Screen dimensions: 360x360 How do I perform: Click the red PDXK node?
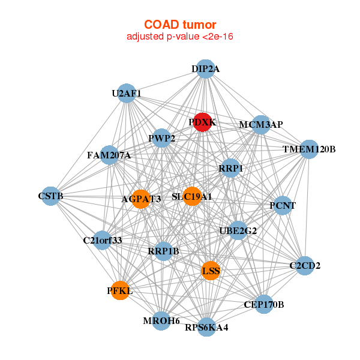pos(202,121)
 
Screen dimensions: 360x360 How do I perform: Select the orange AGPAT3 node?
pos(140,199)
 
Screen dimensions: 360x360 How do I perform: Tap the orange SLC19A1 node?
pos(191,196)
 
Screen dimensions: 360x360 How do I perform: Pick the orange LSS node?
pos(211,271)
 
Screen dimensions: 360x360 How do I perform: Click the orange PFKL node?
pos(120,290)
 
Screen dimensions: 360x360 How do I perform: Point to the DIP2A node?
pos(205,69)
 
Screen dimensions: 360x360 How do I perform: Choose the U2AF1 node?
pos(127,93)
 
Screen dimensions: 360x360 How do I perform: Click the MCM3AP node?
pos(260,125)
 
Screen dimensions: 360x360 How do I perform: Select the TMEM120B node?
pos(308,149)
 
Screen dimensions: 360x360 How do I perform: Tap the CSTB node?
pos(51,196)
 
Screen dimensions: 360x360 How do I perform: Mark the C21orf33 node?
pos(103,241)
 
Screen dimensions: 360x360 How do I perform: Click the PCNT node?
pos(282,206)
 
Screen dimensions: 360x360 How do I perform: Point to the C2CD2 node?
pos(305,265)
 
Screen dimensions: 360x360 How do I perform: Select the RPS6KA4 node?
pos(206,327)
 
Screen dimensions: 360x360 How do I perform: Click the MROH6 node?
pos(161,321)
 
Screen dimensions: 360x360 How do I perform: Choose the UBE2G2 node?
pos(238,230)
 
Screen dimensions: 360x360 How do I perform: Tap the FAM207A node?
pos(109,155)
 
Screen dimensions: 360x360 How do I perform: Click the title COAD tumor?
pos(180,25)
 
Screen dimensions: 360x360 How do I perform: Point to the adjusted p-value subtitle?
pos(180,37)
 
